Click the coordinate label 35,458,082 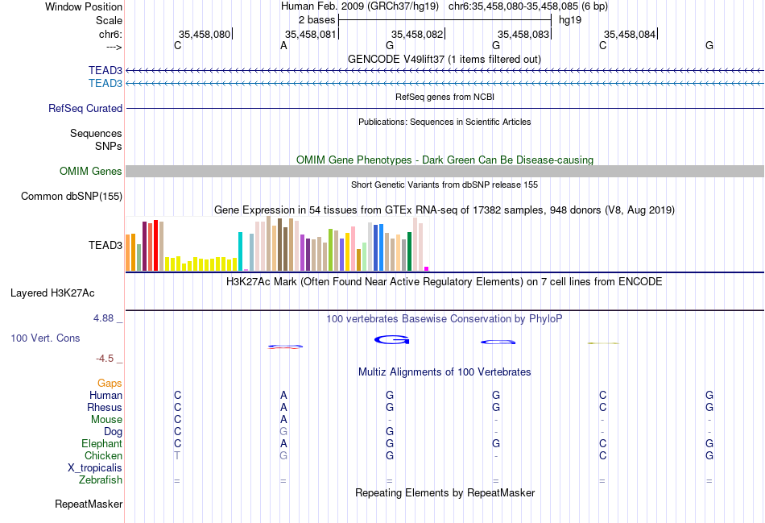(417, 34)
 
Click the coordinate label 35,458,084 (630, 34)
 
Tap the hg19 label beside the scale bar (570, 19)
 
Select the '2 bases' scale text (316, 19)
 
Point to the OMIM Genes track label (91, 171)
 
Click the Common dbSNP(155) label (72, 196)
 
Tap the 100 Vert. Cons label (45, 338)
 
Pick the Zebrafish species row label (101, 480)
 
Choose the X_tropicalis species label (95, 468)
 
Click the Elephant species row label (101, 444)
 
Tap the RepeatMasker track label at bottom (89, 504)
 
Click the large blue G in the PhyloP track (392, 340)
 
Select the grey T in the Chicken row (177, 456)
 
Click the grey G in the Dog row (283, 432)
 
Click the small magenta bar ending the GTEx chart (427, 268)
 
